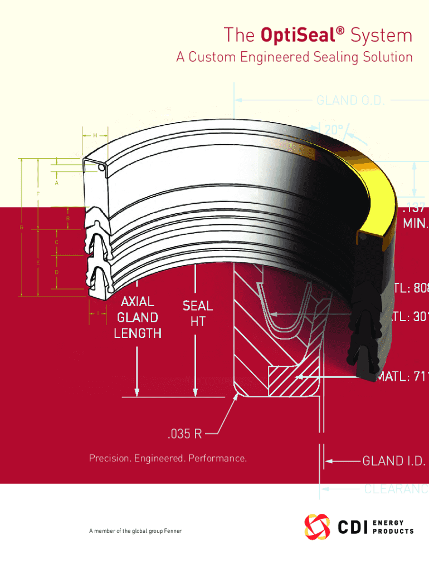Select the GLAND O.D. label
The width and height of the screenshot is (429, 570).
tap(353, 101)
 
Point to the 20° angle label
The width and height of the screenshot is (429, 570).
tap(333, 130)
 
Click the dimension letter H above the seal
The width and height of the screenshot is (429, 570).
tap(95, 135)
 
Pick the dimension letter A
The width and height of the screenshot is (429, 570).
tap(57, 183)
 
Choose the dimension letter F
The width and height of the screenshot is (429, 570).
tap(38, 194)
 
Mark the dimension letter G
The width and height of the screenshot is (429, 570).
tap(21, 228)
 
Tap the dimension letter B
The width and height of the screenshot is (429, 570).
tap(68, 218)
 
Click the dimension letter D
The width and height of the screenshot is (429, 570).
tap(57, 273)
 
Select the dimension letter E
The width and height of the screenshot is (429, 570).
tap(38, 262)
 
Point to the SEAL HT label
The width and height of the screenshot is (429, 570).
tap(197, 313)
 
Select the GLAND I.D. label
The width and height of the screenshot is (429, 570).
tap(394, 461)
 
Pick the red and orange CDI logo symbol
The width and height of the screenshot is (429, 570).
tap(317, 527)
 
